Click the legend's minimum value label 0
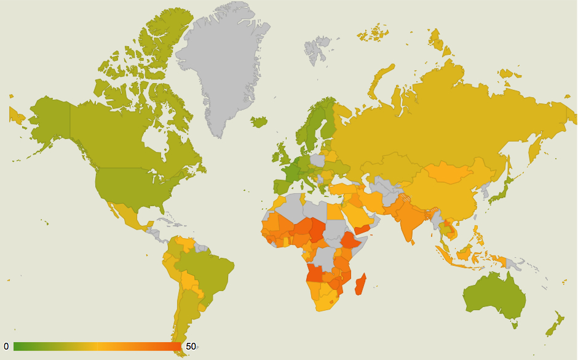pos(6,346)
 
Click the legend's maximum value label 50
pos(191,346)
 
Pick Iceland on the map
pos(259,121)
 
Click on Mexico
pos(126,212)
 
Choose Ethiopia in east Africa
pos(349,240)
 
